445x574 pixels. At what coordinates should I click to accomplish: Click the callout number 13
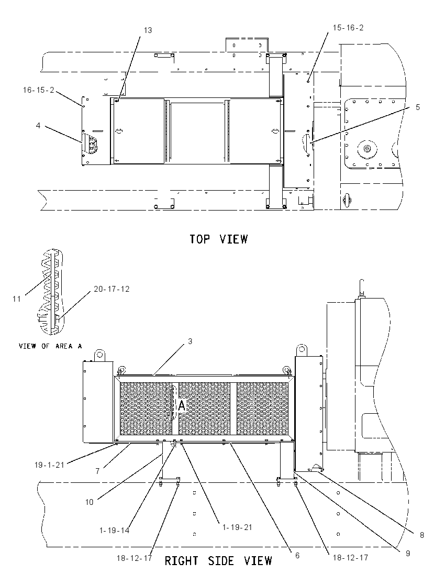click(x=148, y=30)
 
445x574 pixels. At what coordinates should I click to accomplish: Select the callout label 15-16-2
click(x=348, y=28)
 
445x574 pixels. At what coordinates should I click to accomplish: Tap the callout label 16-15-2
click(x=38, y=90)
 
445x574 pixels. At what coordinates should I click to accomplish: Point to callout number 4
click(x=38, y=126)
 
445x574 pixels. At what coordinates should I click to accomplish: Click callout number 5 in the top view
click(x=418, y=107)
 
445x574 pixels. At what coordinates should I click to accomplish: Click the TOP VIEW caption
click(x=219, y=239)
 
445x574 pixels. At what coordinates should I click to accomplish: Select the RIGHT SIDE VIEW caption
click(x=218, y=560)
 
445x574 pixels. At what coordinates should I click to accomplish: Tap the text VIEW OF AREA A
click(x=50, y=346)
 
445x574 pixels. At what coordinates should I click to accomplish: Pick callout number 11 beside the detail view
click(x=17, y=299)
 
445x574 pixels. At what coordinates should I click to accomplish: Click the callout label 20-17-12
click(x=112, y=289)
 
